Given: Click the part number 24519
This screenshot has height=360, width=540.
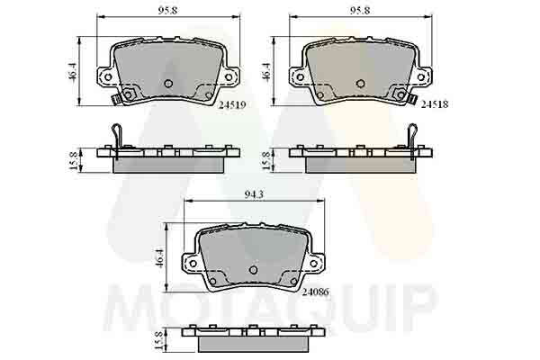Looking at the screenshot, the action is (232, 104).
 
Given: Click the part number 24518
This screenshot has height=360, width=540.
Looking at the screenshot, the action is (435, 104).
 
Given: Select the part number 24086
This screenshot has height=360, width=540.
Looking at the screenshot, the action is (316, 292).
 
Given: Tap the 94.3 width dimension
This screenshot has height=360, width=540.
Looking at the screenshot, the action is (254, 194).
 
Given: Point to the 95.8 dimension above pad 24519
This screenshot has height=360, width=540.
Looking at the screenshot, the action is (167, 10).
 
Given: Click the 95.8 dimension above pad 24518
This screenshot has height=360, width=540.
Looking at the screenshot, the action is (360, 10).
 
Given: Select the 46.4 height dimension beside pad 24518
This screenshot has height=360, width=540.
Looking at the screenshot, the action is (266, 71).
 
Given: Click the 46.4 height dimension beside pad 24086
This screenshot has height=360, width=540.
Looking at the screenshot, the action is (160, 257).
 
